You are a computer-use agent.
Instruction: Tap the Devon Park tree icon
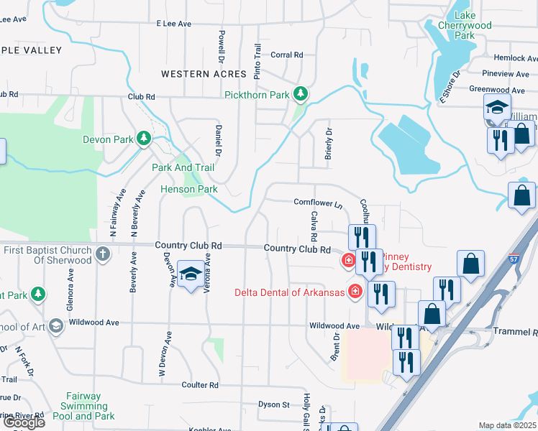144,138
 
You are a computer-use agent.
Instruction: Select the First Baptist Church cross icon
103,254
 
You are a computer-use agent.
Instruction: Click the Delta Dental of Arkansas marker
355,291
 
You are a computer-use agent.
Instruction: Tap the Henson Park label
188,190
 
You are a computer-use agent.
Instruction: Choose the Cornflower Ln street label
317,204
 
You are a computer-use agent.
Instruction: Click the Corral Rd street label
287,55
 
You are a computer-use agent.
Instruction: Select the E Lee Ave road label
174,24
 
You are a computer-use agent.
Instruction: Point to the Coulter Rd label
199,385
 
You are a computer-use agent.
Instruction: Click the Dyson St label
273,405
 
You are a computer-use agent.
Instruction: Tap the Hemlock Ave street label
511,57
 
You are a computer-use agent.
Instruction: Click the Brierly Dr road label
329,148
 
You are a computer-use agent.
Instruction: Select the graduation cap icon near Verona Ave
191,274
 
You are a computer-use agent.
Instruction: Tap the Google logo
24,422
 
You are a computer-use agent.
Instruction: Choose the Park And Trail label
183,167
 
